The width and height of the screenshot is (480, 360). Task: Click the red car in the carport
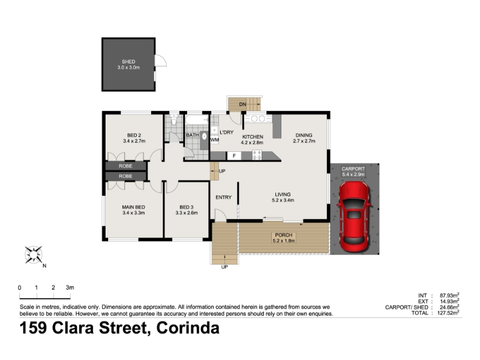click(x=354, y=217)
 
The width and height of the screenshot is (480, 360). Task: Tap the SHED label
click(x=128, y=62)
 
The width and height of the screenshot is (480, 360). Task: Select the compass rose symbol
click(x=34, y=254)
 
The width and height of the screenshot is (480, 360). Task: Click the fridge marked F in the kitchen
click(x=234, y=156)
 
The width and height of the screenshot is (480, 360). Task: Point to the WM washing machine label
click(x=215, y=140)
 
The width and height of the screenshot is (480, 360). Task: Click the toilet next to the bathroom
click(x=174, y=121)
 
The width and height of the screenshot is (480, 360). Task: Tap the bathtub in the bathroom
click(x=197, y=119)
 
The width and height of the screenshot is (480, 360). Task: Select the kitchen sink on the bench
click(x=259, y=118)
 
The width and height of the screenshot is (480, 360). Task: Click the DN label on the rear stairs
click(x=242, y=104)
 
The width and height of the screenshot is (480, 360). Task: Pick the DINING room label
click(x=304, y=136)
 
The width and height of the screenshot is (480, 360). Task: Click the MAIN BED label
click(x=133, y=207)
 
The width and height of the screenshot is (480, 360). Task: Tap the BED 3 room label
click(x=187, y=207)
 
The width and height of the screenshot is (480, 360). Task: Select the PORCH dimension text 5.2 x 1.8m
click(x=284, y=241)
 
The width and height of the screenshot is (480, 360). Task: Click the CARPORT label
click(x=353, y=169)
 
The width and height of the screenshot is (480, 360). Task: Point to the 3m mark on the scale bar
click(x=70, y=288)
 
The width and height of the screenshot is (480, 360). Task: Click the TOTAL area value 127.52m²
click(x=449, y=313)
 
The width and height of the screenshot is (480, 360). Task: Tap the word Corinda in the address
click(x=188, y=328)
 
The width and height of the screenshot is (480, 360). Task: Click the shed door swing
click(x=161, y=61)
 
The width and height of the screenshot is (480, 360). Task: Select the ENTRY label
click(x=223, y=197)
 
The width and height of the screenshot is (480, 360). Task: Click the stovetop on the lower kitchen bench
click(x=257, y=155)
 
